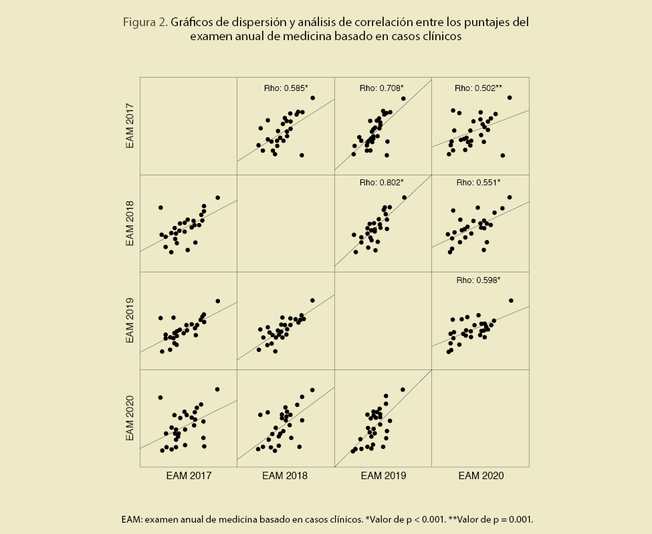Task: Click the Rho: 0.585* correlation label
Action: coord(286,87)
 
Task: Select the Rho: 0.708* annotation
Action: coord(382,87)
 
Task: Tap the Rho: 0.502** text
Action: coord(478,87)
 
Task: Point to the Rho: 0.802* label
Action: coord(382,182)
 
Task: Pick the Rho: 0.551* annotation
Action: coord(478,182)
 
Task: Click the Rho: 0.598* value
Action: coord(478,280)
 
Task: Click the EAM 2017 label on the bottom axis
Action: coord(189,476)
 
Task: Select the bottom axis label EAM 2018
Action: coord(285,476)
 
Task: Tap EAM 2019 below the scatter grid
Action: coord(383,476)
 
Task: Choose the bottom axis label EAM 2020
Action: coord(481,476)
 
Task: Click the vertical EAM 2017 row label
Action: coord(132,125)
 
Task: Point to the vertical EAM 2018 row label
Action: coord(132,223)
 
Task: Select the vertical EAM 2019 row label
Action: coord(132,321)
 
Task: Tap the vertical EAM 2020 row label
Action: coord(132,418)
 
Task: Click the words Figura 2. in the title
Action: coord(144,22)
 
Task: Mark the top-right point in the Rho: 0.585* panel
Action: coord(312,98)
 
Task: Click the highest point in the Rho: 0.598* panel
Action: coord(511,300)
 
